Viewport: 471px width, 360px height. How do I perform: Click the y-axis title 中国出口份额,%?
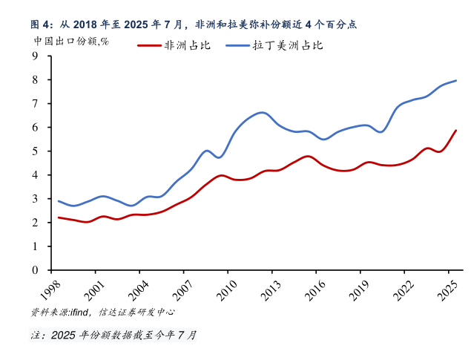71,41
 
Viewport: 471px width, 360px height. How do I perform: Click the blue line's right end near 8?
456,80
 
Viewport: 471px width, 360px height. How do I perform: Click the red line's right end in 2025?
456,131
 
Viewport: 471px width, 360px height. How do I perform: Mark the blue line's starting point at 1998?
59,201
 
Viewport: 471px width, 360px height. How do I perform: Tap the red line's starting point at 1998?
59,217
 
